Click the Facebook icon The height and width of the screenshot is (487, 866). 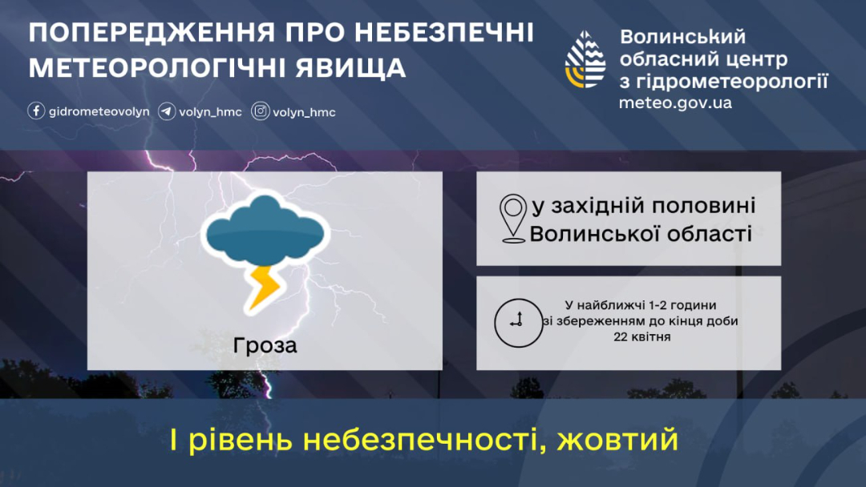pos(36,111)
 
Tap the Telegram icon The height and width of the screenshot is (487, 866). pos(167,111)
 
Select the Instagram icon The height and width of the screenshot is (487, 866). pos(260,111)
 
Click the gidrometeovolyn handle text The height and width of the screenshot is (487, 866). pos(99,112)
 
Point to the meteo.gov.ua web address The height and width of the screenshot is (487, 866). pos(675,103)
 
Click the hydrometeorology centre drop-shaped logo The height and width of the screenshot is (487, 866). pos(585,59)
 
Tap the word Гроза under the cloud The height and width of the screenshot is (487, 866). pos(265,346)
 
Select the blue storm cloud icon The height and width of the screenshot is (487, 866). pos(265,231)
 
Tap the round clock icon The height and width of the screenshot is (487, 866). pos(518,323)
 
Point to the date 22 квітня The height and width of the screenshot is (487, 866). pos(641,336)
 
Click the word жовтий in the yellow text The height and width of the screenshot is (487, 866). pos(617,440)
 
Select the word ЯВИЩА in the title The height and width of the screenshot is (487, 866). pos(350,68)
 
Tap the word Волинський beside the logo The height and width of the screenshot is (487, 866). pos(682,37)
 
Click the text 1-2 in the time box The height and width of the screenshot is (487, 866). pos(661,305)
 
